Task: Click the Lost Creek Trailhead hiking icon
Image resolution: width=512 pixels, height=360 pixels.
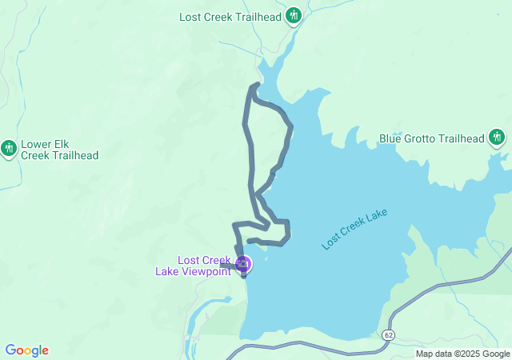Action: pos(294,15)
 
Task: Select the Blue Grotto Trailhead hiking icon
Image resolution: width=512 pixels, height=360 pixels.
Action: pos(497,138)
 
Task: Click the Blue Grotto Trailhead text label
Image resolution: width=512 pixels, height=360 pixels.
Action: pos(432,138)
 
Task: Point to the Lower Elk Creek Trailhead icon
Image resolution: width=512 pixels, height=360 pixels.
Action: pos(9,148)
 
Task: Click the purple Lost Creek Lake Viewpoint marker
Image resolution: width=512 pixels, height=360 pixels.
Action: pos(242,262)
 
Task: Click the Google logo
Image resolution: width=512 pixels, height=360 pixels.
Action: pos(26,350)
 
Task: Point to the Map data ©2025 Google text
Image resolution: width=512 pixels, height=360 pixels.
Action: pos(462,354)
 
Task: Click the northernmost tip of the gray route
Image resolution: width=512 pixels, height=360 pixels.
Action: pos(257,84)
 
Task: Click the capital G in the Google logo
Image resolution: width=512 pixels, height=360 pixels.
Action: pos(10,350)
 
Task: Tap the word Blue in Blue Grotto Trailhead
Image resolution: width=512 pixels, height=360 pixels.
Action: pos(391,138)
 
